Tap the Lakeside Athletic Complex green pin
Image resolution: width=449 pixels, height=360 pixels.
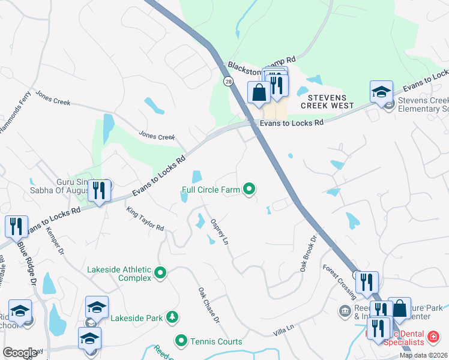pyautogui.click(x=160, y=274)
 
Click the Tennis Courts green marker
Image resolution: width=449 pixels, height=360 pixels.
pyautogui.click(x=181, y=341)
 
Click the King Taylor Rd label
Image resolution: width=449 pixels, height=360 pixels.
pyautogui.click(x=145, y=219)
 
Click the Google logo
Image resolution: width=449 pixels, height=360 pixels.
pyautogui.click(x=20, y=353)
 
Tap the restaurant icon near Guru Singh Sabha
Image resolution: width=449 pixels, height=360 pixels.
pyautogui.click(x=99, y=190)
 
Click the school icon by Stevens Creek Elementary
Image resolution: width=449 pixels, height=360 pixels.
pyautogui.click(x=381, y=91)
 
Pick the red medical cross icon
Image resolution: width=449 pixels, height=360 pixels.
pyautogui.click(x=433, y=341)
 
